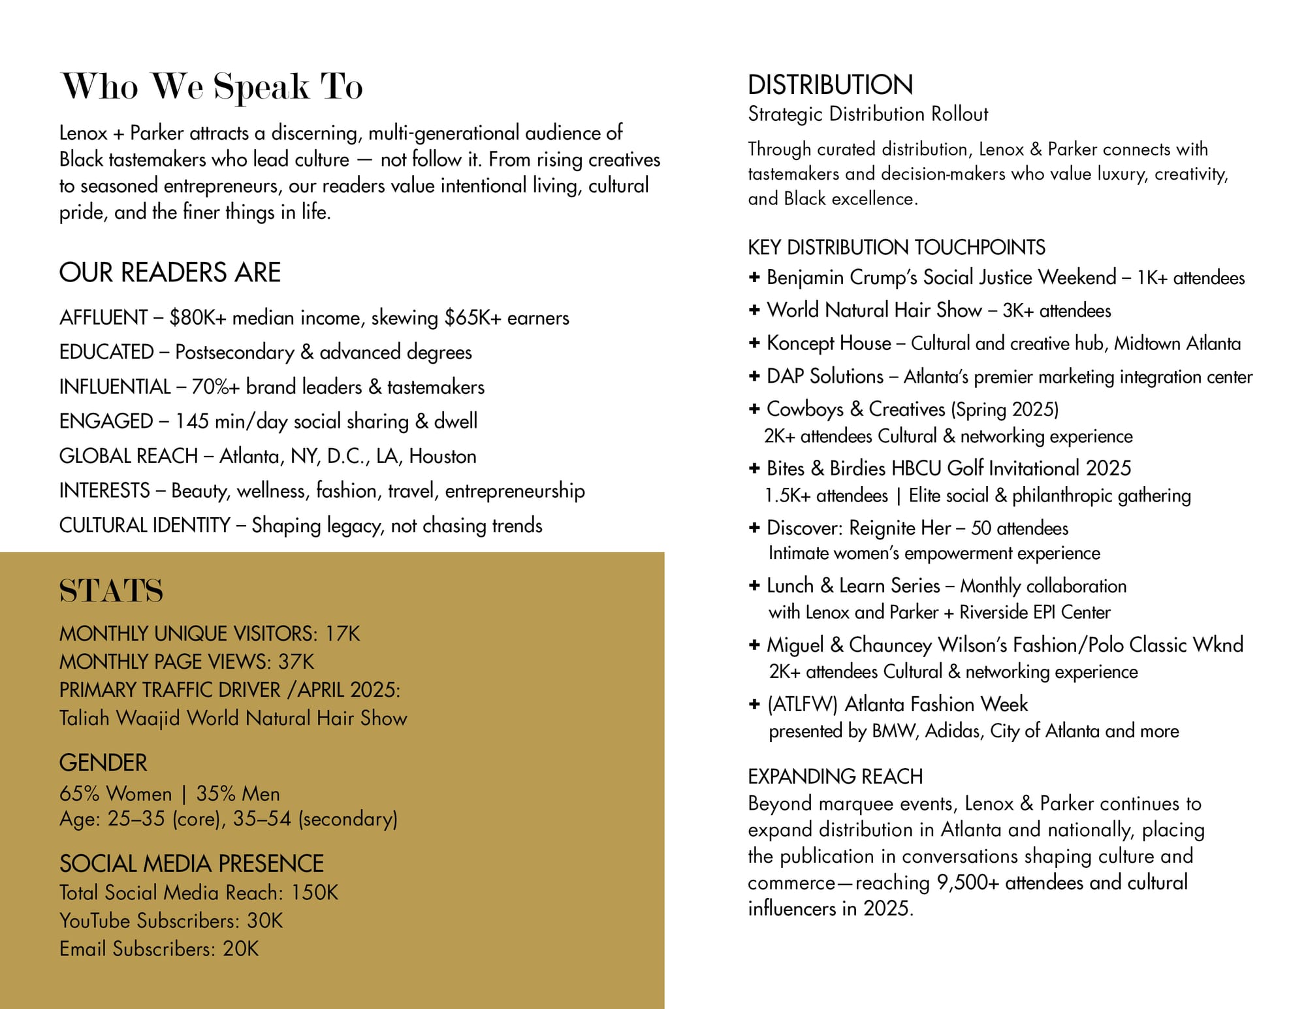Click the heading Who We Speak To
tap(211, 86)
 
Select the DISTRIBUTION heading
tap(830, 85)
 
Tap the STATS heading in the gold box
tap(111, 591)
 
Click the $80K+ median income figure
tap(198, 318)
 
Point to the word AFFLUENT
tap(103, 318)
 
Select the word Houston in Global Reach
tap(443, 456)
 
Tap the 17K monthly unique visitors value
tap(343, 633)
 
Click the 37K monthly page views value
tap(296, 662)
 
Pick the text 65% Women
tap(116, 793)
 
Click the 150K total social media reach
tap(315, 893)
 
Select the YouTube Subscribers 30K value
tap(264, 921)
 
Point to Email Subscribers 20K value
tap(241, 949)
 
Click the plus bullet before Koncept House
tap(754, 343)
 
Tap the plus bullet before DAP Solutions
tap(754, 376)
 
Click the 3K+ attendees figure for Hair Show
tap(1057, 310)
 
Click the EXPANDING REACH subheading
tap(835, 777)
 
